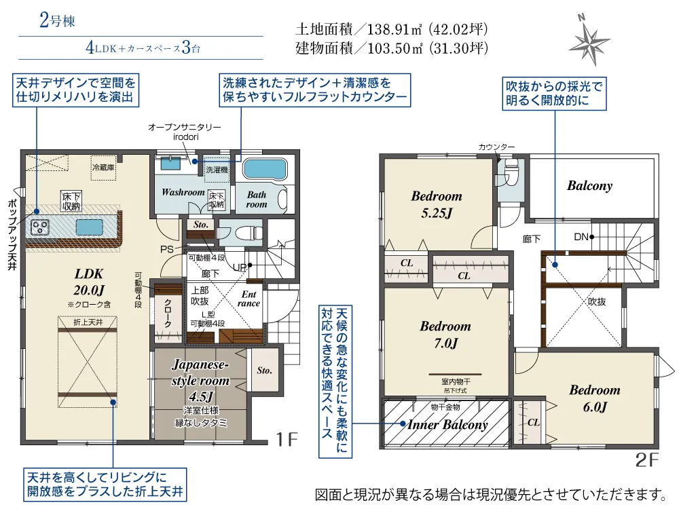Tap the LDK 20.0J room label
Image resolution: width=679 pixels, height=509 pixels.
[x=88, y=281]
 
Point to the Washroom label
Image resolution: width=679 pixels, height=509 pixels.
[x=183, y=192]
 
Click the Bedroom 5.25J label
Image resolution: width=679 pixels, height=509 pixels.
[x=436, y=204]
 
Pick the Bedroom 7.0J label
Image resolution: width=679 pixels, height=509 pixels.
[x=445, y=335]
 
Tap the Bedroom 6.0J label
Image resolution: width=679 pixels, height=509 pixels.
[x=594, y=398]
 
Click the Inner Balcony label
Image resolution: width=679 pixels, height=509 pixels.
[x=447, y=425]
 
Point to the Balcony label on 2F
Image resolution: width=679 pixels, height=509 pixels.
[x=589, y=185]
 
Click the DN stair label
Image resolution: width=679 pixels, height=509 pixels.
[x=581, y=237]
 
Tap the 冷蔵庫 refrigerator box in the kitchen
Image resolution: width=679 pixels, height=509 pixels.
[x=103, y=167]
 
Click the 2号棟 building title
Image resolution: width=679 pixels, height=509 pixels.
[x=57, y=20]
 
